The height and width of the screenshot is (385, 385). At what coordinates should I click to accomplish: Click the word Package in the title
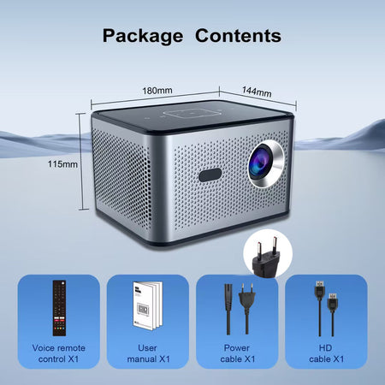click(x=143, y=36)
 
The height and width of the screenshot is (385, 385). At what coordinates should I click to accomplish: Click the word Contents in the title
click(x=238, y=36)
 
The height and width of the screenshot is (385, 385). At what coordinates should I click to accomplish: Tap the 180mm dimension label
click(x=157, y=91)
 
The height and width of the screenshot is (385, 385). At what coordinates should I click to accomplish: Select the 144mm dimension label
click(x=257, y=92)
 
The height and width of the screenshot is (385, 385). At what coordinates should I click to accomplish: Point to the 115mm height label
click(x=62, y=164)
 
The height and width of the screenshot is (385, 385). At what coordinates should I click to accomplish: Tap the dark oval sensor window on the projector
click(x=210, y=175)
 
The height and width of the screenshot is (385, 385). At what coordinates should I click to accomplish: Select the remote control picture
click(x=59, y=308)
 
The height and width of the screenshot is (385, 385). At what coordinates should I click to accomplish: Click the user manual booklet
click(x=147, y=305)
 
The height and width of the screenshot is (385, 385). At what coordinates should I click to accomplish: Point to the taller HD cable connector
click(x=319, y=290)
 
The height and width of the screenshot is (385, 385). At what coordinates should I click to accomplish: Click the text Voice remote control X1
click(x=59, y=353)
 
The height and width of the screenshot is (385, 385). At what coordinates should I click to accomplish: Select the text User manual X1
click(x=148, y=353)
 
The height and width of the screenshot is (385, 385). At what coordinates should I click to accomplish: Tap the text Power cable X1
click(x=237, y=353)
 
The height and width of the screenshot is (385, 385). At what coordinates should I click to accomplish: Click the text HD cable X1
click(x=326, y=353)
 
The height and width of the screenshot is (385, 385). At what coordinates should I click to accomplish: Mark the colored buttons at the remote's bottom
click(x=60, y=329)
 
